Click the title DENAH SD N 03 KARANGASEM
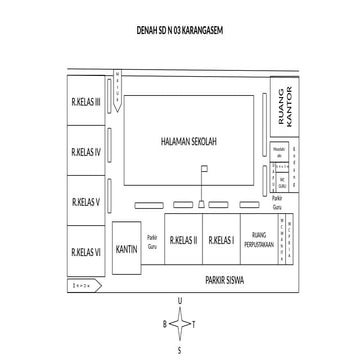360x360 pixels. (x=180, y=30)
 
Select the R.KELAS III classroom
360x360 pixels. (x=86, y=103)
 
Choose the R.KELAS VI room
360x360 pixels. (x=86, y=251)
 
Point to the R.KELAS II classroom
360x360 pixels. (x=183, y=240)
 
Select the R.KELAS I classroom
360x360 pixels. (x=221, y=240)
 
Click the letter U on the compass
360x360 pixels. (x=179, y=300)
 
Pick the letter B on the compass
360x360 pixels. (x=154, y=325)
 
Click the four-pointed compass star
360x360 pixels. (x=179, y=324)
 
